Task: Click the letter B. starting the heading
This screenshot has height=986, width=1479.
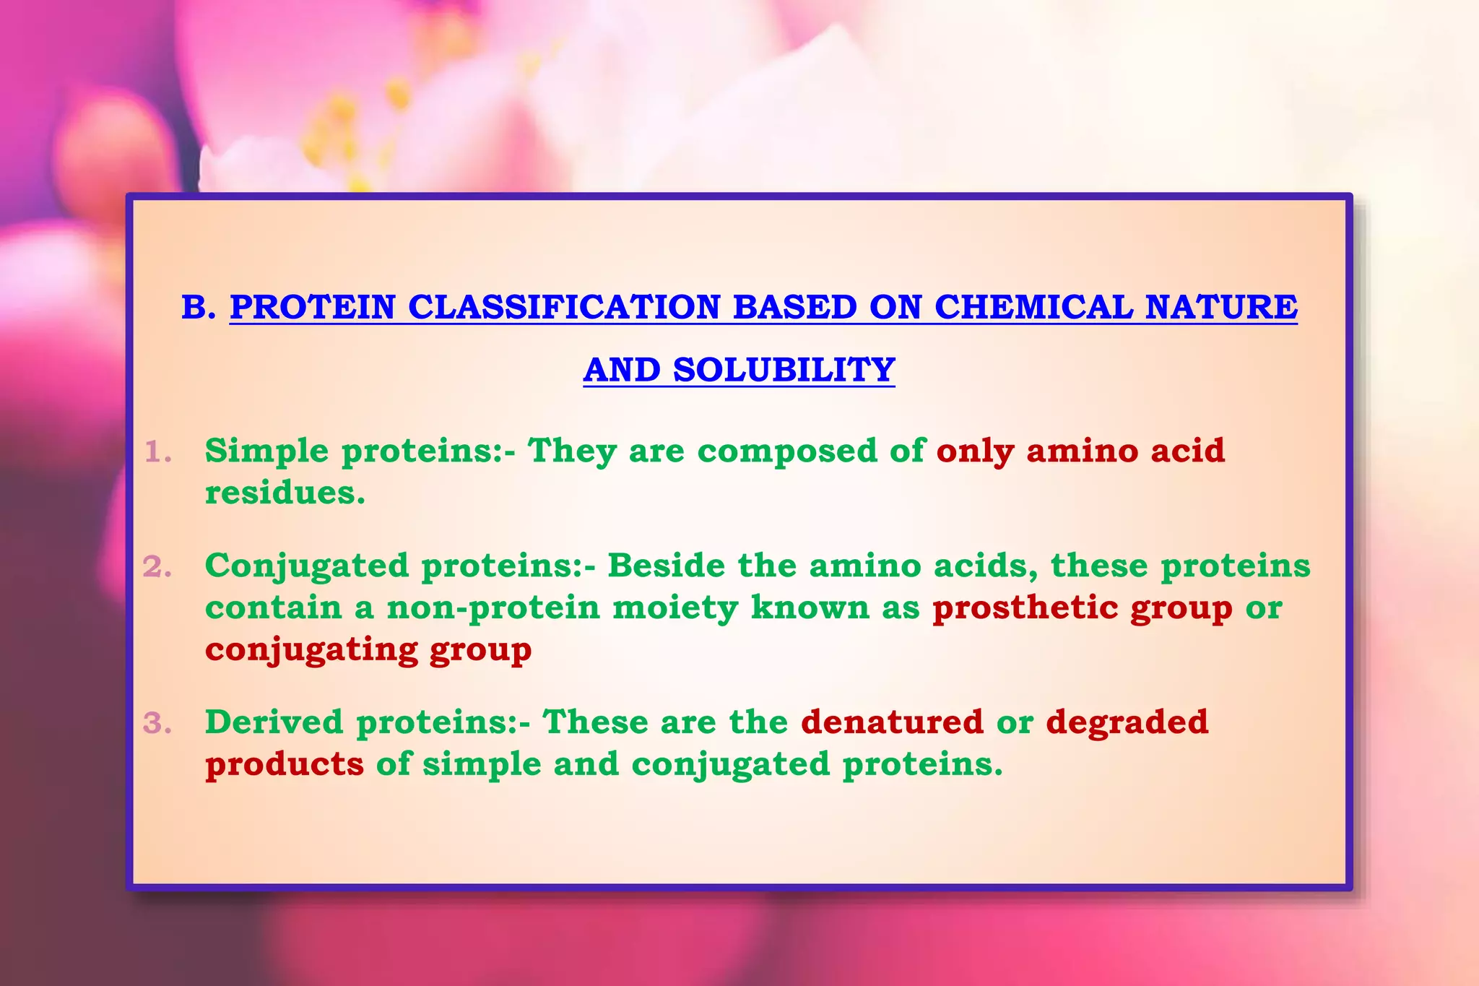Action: (198, 307)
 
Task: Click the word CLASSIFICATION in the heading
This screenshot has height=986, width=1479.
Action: (564, 307)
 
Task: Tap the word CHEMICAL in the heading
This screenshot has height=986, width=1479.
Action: (1033, 307)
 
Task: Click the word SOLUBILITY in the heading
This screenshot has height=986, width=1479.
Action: (784, 370)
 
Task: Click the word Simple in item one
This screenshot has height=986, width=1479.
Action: (266, 451)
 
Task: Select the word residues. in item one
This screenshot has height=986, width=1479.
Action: (285, 493)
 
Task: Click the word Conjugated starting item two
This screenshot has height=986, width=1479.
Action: (306, 566)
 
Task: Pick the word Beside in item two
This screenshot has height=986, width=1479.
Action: (666, 566)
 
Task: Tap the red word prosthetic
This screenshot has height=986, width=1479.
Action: (1025, 607)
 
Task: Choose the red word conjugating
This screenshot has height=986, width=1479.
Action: (311, 649)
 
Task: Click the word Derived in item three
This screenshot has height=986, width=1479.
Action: (274, 722)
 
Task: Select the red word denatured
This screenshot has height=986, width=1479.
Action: (892, 722)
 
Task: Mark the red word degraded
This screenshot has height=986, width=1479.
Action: (1127, 722)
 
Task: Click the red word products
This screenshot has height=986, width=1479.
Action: (285, 764)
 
